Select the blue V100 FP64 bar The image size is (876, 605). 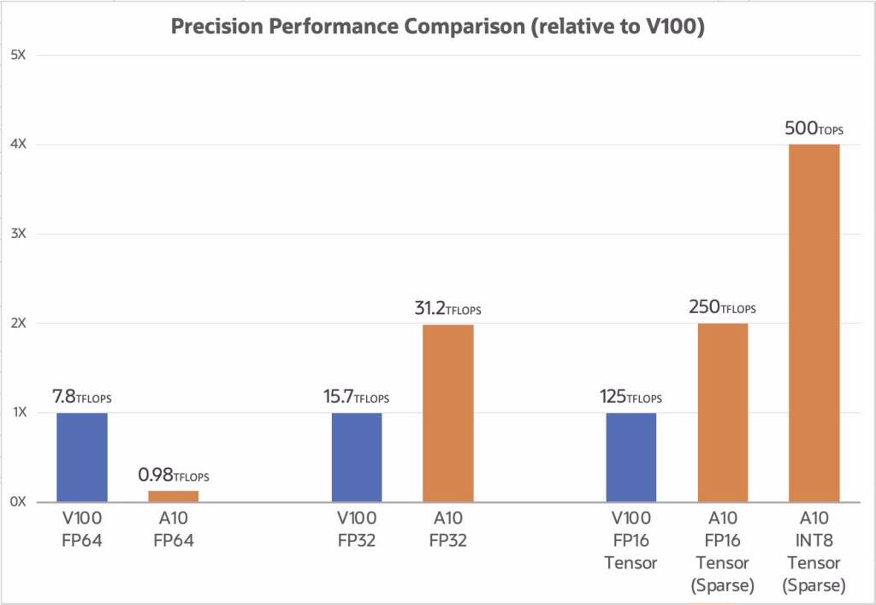(x=82, y=457)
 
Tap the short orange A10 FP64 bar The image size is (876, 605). (x=174, y=495)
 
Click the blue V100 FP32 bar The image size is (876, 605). (x=357, y=457)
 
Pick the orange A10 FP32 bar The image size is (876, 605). (x=447, y=412)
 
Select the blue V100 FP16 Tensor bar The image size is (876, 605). (x=631, y=457)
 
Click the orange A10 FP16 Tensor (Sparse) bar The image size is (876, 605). (x=723, y=412)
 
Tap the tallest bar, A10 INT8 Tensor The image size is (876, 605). (x=814, y=323)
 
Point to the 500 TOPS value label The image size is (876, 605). (x=814, y=129)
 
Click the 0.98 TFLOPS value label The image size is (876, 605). (x=174, y=475)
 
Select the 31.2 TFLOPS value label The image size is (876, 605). (x=447, y=308)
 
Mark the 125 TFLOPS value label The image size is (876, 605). (x=630, y=397)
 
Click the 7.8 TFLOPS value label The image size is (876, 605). (x=82, y=397)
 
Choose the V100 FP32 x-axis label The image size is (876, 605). (x=357, y=529)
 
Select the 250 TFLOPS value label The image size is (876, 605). (x=722, y=307)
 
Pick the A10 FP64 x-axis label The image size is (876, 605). (x=174, y=529)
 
